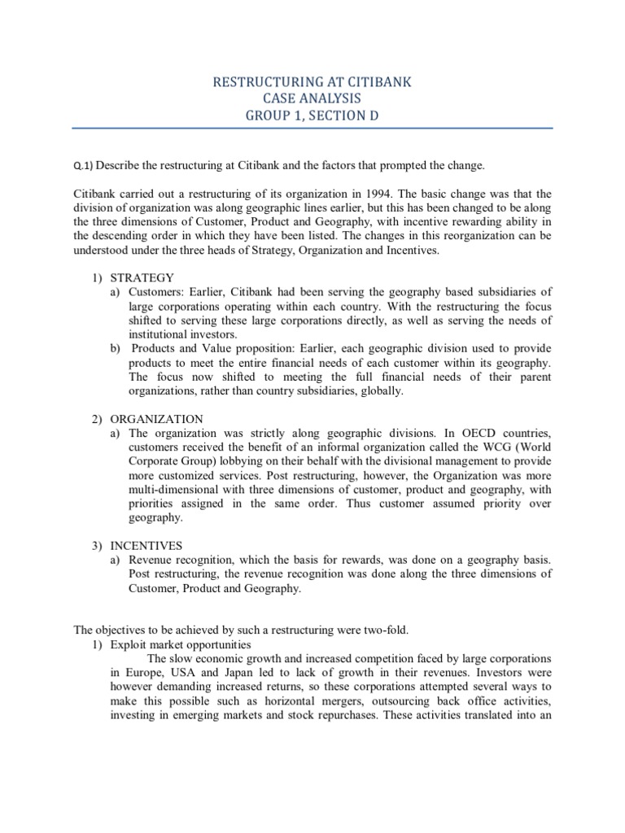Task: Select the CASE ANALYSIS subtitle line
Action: [x=312, y=98]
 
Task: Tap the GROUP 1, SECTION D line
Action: [x=312, y=116]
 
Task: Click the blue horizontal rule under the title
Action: [x=312, y=128]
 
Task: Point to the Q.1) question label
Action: [x=84, y=166]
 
